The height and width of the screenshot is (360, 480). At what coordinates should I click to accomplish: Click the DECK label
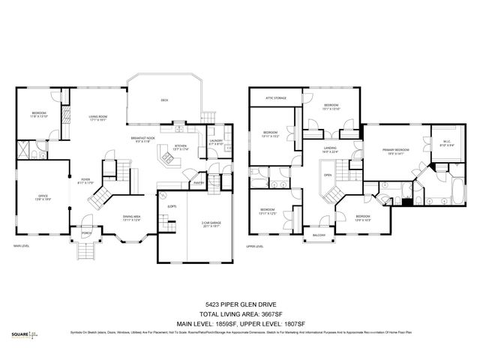(x=164, y=100)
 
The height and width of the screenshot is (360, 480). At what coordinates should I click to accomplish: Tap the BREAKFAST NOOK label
(x=142, y=139)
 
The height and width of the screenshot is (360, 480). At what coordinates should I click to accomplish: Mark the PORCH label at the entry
(x=85, y=232)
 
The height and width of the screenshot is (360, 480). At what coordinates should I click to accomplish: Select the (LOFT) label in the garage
(x=172, y=206)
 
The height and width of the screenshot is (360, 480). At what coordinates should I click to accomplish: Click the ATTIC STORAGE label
(x=276, y=98)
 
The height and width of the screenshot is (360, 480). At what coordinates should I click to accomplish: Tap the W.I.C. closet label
(x=446, y=143)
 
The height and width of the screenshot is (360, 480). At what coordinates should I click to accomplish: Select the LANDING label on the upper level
(x=330, y=149)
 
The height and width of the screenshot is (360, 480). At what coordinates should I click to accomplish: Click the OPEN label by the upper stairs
(x=328, y=176)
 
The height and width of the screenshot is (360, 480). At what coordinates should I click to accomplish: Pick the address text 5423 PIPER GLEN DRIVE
(x=240, y=304)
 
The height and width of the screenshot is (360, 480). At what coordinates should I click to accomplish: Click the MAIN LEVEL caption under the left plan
(x=22, y=245)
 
